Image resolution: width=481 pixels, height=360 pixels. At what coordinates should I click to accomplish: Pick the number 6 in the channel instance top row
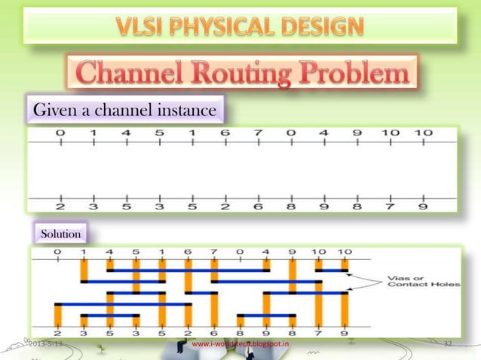click(x=225, y=133)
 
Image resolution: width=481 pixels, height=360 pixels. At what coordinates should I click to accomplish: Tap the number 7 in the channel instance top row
click(x=258, y=133)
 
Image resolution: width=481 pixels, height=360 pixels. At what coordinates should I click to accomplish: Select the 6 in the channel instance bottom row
click(x=258, y=206)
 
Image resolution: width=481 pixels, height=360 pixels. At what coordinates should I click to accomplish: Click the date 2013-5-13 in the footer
click(x=47, y=345)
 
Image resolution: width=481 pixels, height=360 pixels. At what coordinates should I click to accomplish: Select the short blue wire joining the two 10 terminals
click(x=330, y=269)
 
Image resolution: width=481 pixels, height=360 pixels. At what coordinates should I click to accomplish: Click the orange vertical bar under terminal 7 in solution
click(x=214, y=271)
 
